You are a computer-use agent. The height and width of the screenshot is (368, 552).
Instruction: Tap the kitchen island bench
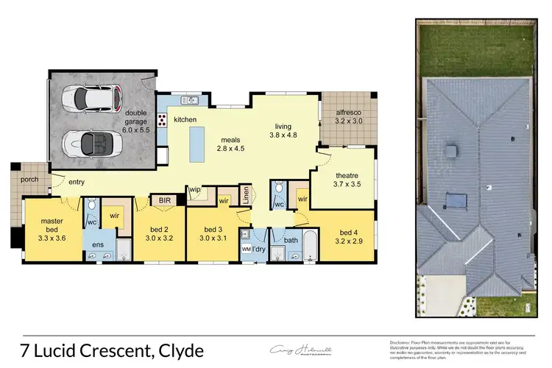click(197, 144)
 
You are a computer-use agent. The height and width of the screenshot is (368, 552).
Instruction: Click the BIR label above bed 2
click(161, 199)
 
